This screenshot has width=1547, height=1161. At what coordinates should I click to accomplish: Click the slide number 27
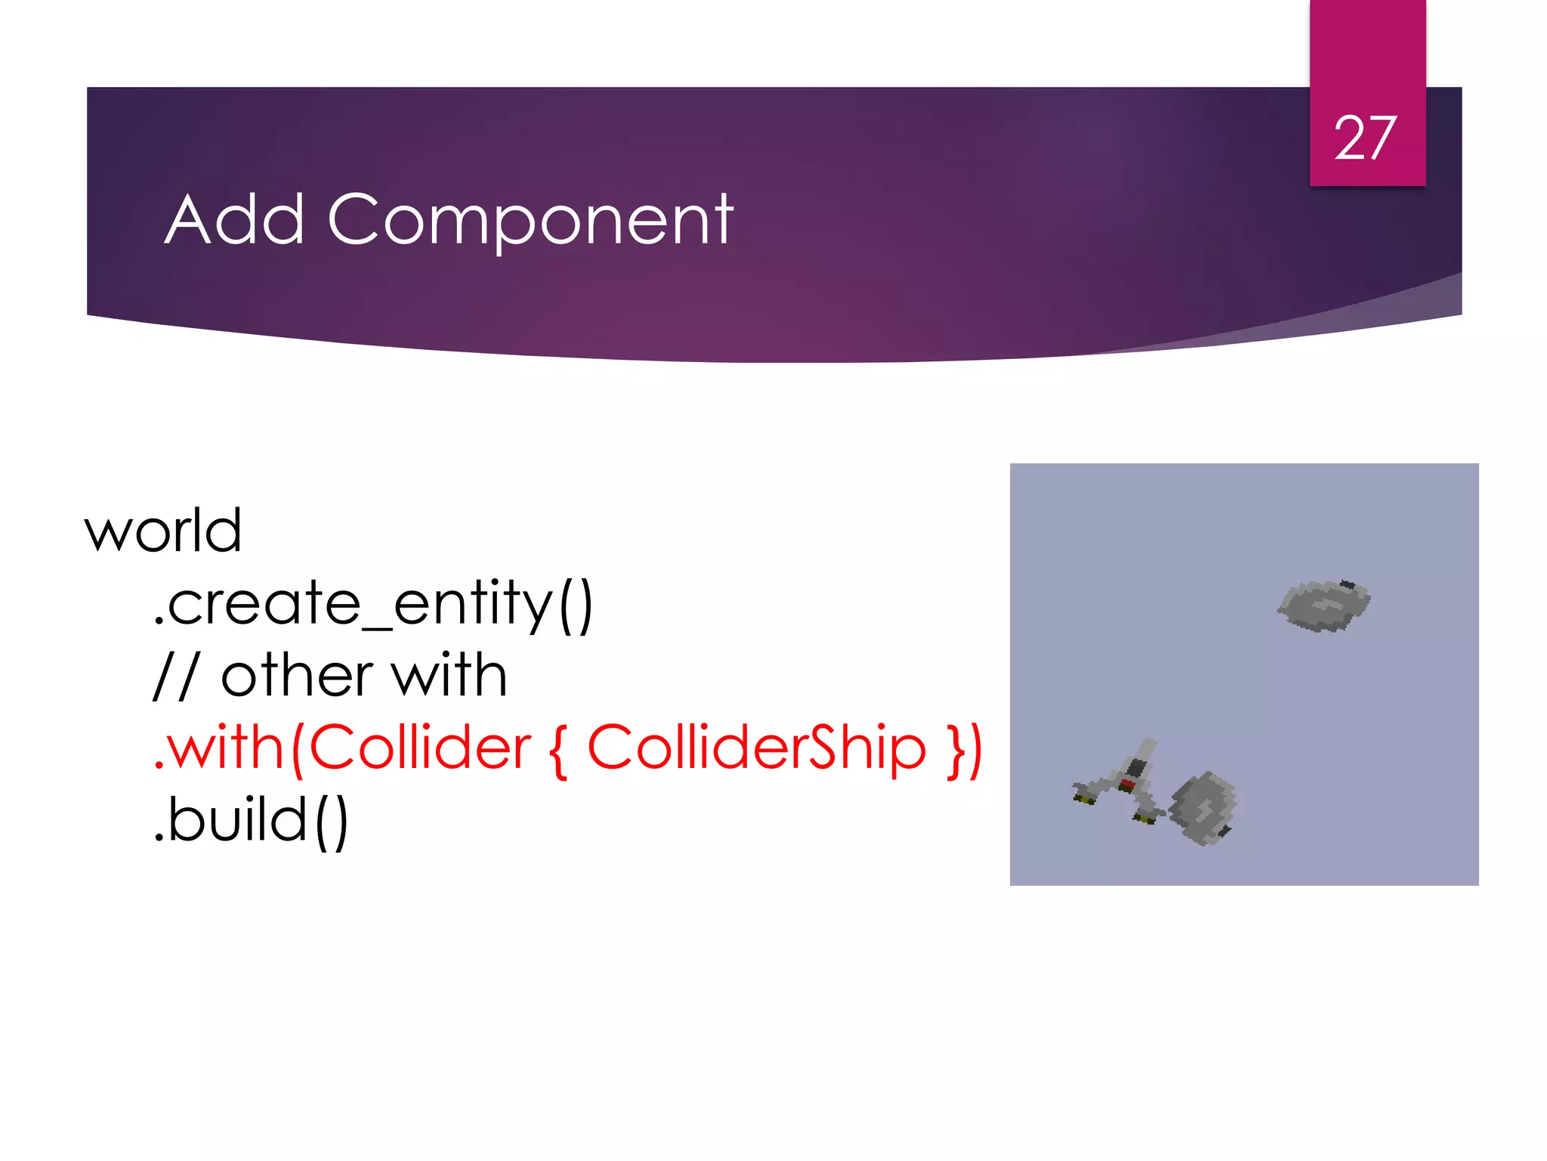point(1366,138)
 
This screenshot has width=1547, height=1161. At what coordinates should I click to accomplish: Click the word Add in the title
point(235,220)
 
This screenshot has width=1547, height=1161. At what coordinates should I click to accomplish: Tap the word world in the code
point(163,531)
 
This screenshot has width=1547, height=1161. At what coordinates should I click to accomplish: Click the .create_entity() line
point(373,604)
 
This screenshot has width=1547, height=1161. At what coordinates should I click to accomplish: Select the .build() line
point(251,821)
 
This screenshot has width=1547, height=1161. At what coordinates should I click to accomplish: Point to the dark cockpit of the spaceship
point(1137,768)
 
